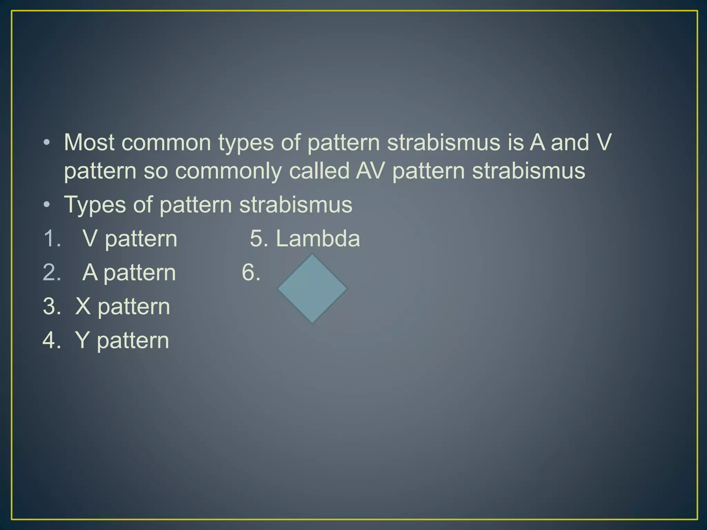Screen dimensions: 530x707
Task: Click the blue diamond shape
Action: click(x=312, y=288)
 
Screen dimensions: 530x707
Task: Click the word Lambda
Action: click(x=318, y=238)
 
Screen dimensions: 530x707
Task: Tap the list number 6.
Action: click(x=251, y=272)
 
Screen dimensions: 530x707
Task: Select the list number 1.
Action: click(x=52, y=238)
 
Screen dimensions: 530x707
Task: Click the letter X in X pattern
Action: click(x=83, y=306)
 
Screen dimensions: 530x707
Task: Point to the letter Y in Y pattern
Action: click(x=82, y=340)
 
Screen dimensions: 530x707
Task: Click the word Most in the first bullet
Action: click(x=89, y=142)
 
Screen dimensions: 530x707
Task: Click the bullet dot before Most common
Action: click(x=47, y=143)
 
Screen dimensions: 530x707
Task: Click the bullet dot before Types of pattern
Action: click(x=47, y=205)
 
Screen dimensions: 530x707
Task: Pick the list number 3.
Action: click(x=52, y=306)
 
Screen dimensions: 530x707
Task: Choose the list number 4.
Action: click(x=52, y=340)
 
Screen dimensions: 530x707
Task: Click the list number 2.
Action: click(x=52, y=272)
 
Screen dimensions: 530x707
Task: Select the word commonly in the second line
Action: click(x=228, y=171)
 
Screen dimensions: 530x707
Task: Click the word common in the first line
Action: click(x=166, y=143)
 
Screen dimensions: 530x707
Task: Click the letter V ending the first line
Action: click(x=603, y=142)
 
